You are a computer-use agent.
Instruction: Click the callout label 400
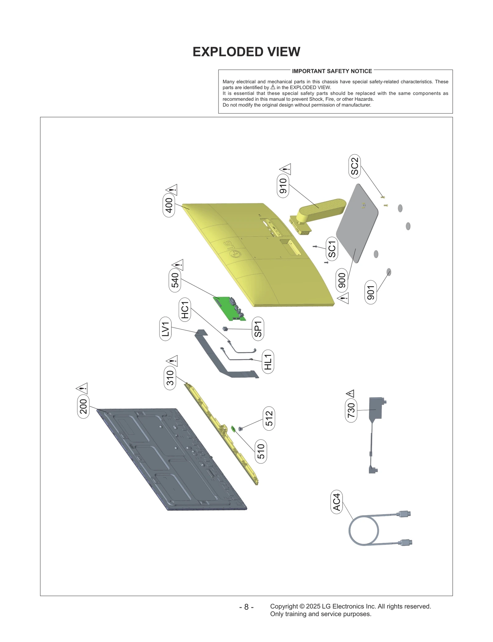click(x=169, y=205)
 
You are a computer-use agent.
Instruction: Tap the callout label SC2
click(x=355, y=166)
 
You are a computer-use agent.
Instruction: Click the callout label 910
click(x=283, y=186)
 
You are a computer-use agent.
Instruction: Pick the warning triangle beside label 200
click(x=82, y=388)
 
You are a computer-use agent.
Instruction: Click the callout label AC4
click(x=336, y=502)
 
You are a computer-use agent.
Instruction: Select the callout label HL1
click(x=268, y=362)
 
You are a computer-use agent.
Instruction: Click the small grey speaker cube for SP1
click(x=225, y=329)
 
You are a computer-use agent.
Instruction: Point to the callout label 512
click(x=269, y=418)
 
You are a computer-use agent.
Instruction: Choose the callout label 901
click(x=371, y=292)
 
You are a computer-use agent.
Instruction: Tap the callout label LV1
click(x=165, y=329)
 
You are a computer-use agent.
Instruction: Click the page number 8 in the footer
click(x=246, y=607)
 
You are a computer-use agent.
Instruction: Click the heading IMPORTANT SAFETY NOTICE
click(x=332, y=71)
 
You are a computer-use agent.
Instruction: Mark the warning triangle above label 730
click(x=350, y=393)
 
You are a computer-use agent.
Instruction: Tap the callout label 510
click(x=261, y=451)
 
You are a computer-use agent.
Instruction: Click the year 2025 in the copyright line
click(x=313, y=606)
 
